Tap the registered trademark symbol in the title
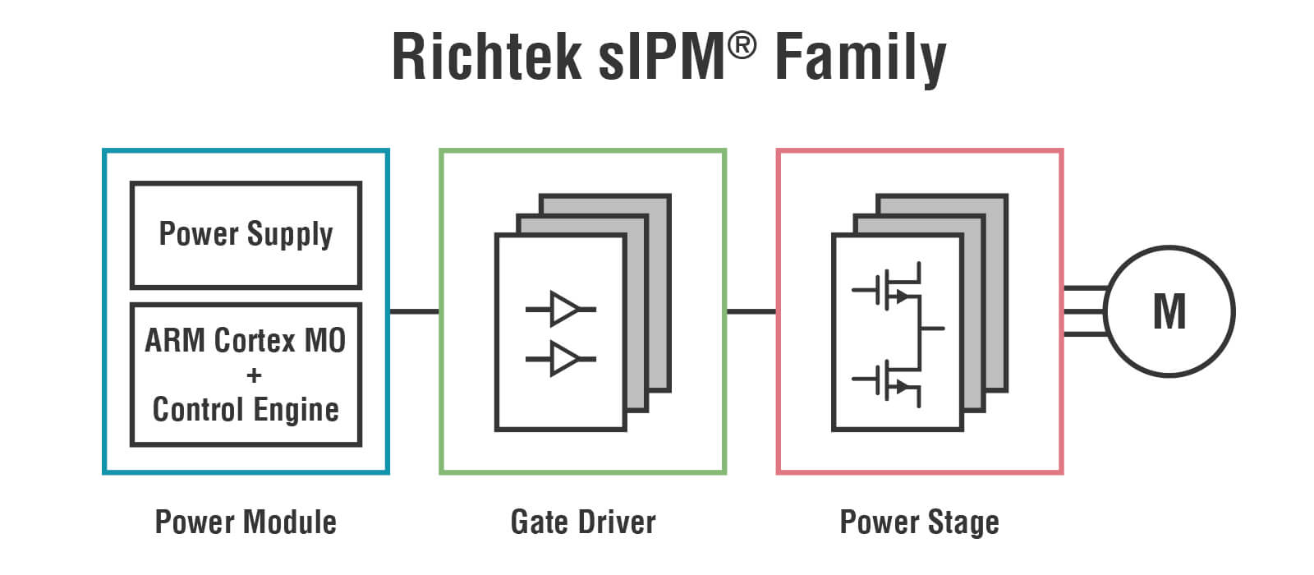[741, 46]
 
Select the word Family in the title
[860, 59]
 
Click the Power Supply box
[246, 235]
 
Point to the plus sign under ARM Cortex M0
[254, 375]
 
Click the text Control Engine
[246, 410]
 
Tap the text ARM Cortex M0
[246, 340]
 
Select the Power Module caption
[246, 522]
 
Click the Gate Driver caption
[583, 522]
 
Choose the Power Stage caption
[919, 522]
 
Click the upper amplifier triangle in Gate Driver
[563, 309]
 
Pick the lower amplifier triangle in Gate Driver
[563, 358]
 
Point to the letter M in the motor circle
[1169, 311]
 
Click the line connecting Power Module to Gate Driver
[414, 311]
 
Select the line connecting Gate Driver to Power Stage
[751, 311]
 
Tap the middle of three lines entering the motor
[1084, 311]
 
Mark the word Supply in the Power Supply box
[290, 235]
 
